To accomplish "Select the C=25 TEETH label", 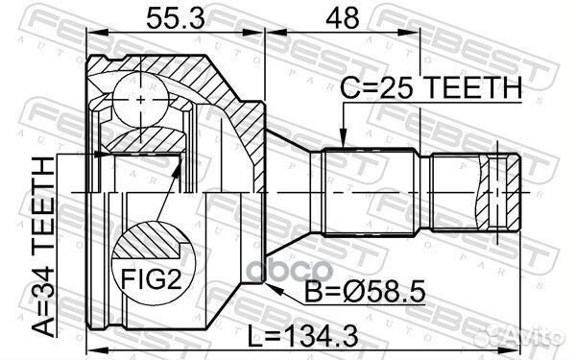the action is point(430,87).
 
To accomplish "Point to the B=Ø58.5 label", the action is point(366,292).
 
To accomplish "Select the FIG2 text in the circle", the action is point(152,278).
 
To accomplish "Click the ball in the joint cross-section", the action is point(141,100).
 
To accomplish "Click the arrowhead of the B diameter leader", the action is point(275,290).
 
